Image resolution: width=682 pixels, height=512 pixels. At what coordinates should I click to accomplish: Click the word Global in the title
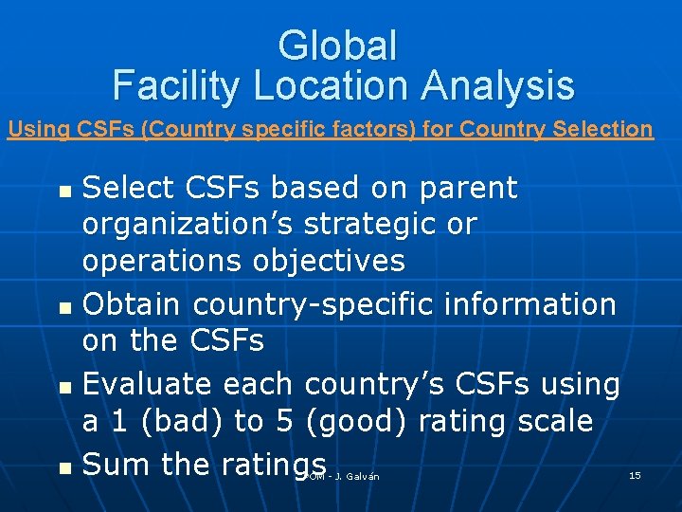[338, 46]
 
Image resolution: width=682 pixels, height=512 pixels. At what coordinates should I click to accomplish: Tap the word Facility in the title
[176, 85]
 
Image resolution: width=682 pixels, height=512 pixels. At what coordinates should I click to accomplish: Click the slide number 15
[635, 474]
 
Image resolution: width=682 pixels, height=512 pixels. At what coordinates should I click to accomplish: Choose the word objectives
[329, 262]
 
